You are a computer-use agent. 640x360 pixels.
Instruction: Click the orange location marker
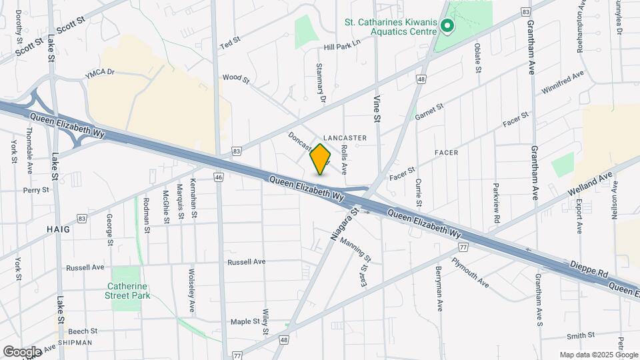320,159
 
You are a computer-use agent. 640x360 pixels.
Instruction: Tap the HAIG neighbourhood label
59,229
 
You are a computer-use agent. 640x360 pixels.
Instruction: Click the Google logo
22,351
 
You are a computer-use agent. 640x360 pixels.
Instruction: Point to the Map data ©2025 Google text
597,355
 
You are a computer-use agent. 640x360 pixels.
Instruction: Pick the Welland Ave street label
589,182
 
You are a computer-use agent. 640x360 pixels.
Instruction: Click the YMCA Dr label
100,73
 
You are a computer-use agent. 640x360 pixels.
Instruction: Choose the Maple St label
245,321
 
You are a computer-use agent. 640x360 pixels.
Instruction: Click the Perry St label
36,190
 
